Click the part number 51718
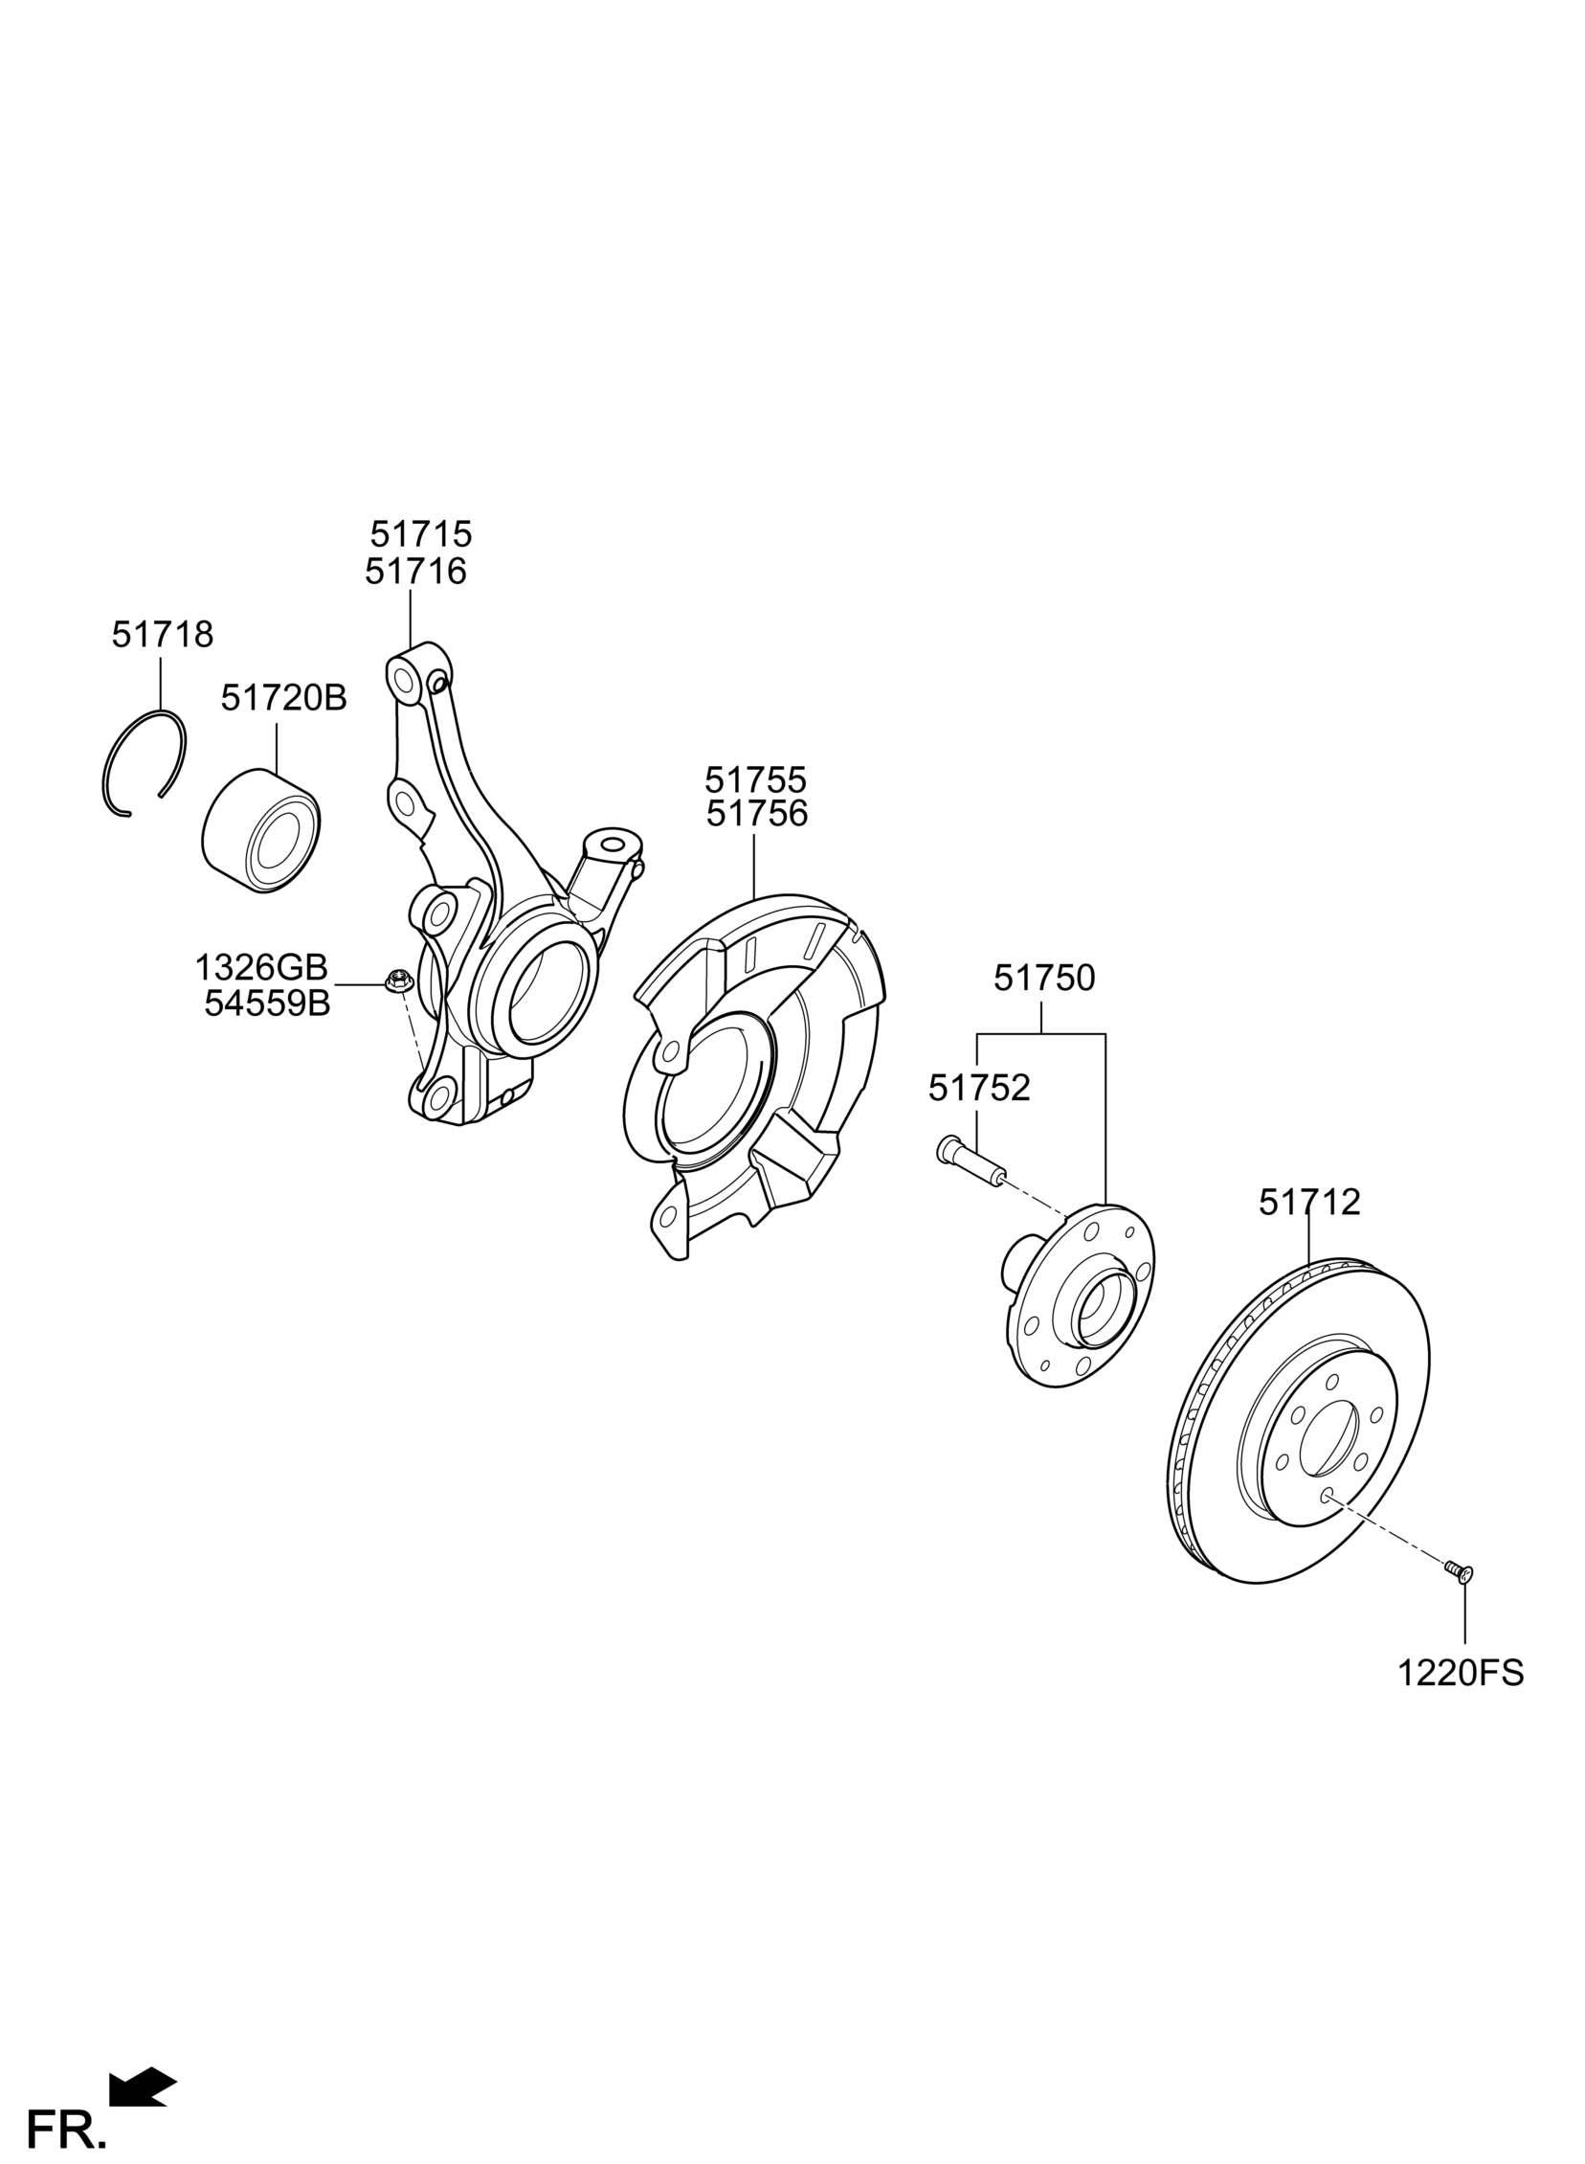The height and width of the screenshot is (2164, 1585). [162, 634]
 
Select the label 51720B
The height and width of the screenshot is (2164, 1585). [284, 698]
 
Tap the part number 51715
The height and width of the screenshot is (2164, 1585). [421, 533]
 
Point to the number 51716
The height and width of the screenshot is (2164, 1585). [415, 572]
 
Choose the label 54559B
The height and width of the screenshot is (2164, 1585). [267, 1003]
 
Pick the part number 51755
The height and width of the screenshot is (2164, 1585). [756, 778]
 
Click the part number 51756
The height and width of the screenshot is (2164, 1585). [756, 814]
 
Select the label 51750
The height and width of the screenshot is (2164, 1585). [1044, 978]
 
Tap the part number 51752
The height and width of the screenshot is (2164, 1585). [978, 1088]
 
